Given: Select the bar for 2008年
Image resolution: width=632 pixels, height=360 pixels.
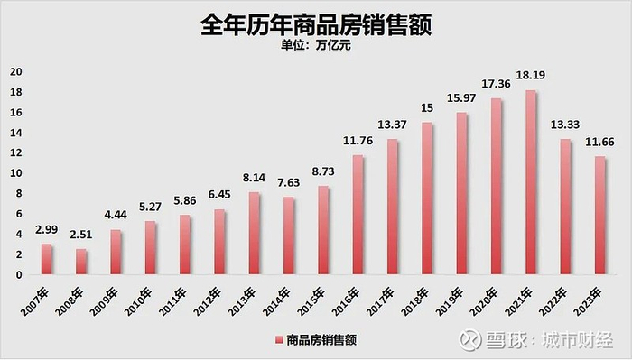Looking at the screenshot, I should point(81,262).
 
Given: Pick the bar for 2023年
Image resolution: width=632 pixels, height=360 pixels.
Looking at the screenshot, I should point(599,216).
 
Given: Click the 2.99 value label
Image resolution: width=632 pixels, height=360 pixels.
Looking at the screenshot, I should point(47,231).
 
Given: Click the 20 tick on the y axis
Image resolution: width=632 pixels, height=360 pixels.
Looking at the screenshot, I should point(14,71).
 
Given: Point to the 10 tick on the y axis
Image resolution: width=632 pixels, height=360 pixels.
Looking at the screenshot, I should point(14,173).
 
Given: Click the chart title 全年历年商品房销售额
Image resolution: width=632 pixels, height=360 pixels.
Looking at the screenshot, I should point(316,25).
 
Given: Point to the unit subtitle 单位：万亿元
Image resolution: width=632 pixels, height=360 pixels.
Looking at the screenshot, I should point(316,48).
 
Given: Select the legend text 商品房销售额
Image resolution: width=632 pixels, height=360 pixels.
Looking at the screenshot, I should point(321,341).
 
